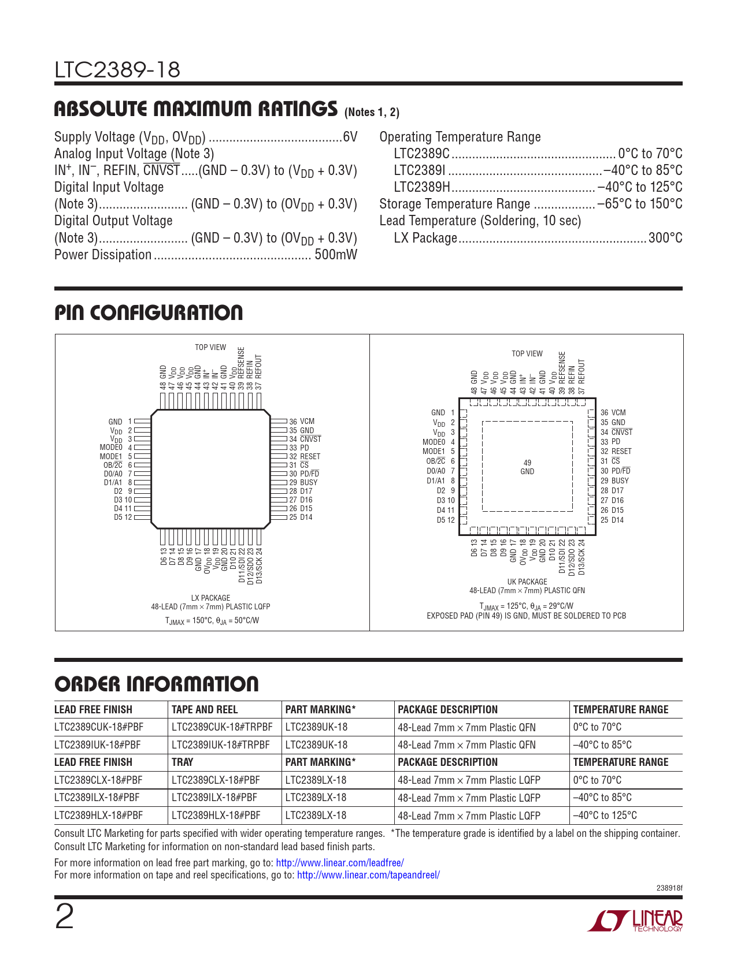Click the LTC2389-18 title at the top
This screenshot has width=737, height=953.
[117, 70]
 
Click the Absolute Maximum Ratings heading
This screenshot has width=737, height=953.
[195, 109]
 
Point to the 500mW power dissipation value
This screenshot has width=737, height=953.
[335, 255]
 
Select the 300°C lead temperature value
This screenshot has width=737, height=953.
[665, 238]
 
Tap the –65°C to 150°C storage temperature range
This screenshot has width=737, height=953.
[640, 204]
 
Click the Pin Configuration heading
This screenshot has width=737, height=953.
[149, 313]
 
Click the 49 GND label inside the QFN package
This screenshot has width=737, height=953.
[527, 467]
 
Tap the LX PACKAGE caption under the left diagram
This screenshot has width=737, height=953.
[210, 598]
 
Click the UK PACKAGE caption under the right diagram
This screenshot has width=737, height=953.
[527, 582]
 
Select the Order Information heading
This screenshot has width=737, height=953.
[157, 684]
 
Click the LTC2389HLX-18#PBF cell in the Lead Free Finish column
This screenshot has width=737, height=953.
[98, 816]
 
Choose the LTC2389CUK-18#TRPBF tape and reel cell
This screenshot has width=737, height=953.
[222, 727]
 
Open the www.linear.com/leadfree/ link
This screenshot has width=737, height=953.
[340, 863]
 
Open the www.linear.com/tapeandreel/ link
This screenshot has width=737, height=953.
[368, 875]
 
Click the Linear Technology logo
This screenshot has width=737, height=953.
[635, 921]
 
